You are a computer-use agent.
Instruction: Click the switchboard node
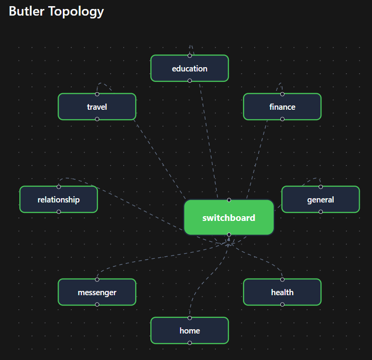[229, 218]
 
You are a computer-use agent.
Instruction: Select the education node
[190, 69]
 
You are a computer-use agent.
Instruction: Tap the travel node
[97, 107]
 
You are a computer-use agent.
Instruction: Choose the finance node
[282, 107]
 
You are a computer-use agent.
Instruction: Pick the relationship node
[59, 200]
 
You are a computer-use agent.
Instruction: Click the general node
[320, 200]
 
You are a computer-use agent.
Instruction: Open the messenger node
[97, 292]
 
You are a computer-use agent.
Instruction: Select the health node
[282, 292]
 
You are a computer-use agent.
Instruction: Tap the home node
[190, 331]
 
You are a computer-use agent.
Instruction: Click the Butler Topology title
[56, 11]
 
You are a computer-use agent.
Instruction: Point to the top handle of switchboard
[229, 200]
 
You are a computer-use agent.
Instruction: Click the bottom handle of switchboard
[229, 235]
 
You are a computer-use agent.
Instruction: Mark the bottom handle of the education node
[190, 81]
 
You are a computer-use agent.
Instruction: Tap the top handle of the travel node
[97, 94]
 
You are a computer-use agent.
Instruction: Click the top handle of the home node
[190, 318]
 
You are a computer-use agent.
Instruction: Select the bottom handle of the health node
[282, 305]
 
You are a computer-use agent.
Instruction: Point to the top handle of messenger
[97, 280]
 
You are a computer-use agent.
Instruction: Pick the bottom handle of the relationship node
[59, 212]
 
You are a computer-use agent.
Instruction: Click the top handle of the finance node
[282, 94]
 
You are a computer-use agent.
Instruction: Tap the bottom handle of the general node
[320, 212]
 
